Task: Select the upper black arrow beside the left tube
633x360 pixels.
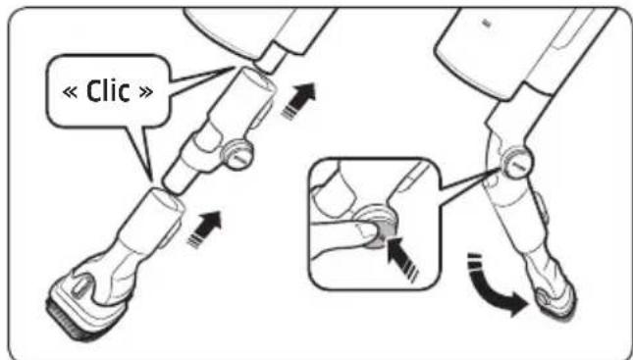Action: (x=304, y=96)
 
